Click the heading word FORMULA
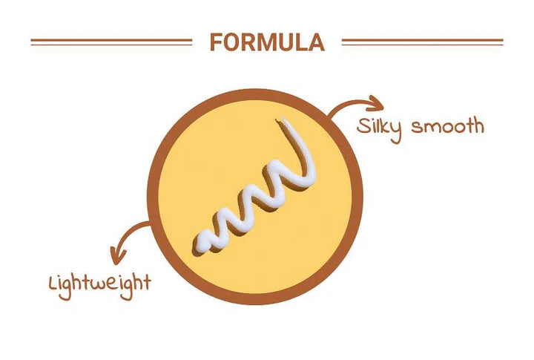(x=267, y=42)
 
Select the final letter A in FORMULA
(x=316, y=42)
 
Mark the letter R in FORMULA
(x=249, y=42)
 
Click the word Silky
(x=379, y=127)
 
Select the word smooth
(x=448, y=126)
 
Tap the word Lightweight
(x=99, y=282)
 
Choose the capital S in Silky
(x=362, y=125)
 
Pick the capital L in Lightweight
(x=53, y=281)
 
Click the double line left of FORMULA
(x=111, y=42)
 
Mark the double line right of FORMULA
(x=422, y=42)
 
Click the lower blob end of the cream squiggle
(x=203, y=243)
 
